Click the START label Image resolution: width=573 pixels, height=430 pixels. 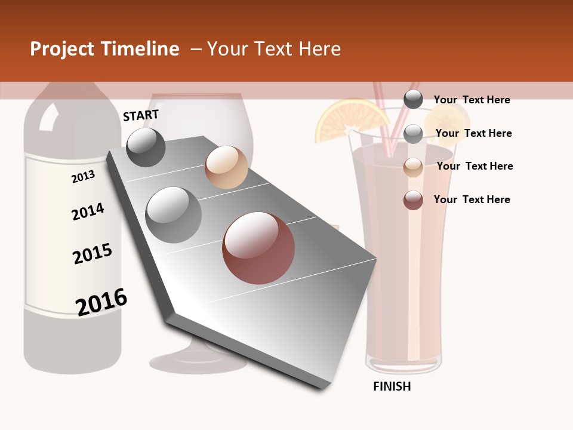[141, 115]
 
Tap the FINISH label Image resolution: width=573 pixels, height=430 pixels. [392, 386]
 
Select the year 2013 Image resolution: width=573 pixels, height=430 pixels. [83, 177]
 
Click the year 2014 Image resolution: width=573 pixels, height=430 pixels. [88, 211]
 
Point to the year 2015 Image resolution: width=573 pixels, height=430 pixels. [93, 254]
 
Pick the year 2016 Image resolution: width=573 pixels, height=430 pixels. [101, 302]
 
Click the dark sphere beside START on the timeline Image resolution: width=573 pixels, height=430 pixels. [146, 147]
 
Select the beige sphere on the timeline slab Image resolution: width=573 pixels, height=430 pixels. [226, 167]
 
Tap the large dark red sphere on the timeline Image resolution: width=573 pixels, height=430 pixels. [258, 248]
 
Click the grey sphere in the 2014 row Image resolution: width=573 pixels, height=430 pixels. [174, 215]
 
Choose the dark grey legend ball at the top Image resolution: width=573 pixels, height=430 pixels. [413, 99]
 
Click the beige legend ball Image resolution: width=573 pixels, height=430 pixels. [413, 167]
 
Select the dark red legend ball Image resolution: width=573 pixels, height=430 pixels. [413, 200]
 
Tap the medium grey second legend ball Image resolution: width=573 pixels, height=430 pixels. [413, 134]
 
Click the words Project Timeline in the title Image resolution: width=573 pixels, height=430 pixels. [104, 49]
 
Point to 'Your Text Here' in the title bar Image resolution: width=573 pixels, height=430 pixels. [274, 49]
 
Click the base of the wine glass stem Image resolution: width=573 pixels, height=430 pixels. [197, 361]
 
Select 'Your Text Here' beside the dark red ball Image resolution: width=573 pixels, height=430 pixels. [472, 199]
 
